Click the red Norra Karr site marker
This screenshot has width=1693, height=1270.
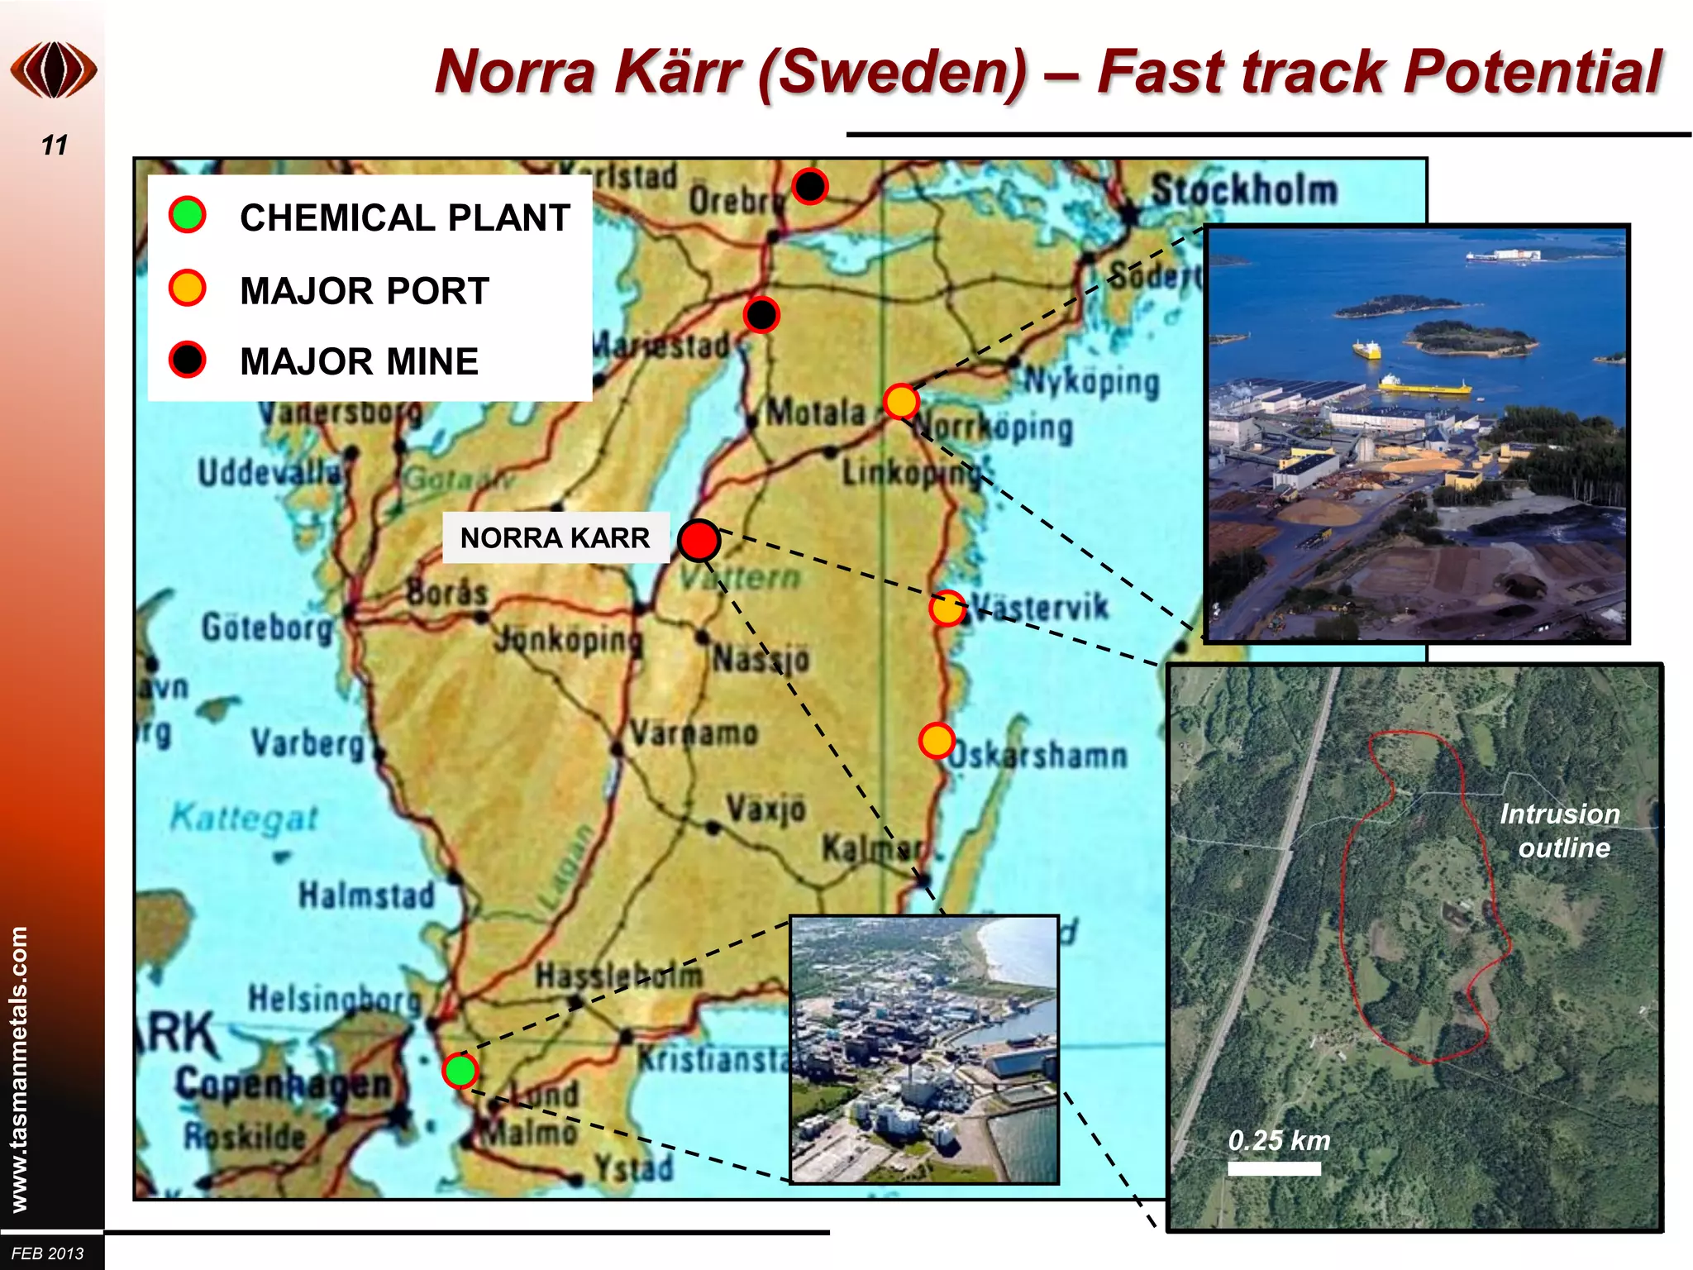pyautogui.click(x=699, y=540)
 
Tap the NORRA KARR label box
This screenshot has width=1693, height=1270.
pyautogui.click(x=555, y=538)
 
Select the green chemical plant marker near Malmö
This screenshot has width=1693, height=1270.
pyautogui.click(x=460, y=1070)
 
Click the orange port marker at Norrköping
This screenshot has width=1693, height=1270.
pyautogui.click(x=900, y=402)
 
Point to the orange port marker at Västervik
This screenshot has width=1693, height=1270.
pyautogui.click(x=947, y=609)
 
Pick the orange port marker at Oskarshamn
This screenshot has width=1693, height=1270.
pyautogui.click(x=937, y=740)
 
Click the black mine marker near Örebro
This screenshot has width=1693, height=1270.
pyautogui.click(x=809, y=186)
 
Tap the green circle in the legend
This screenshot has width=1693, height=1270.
pyautogui.click(x=188, y=215)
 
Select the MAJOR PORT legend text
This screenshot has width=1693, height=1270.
pyautogui.click(x=365, y=291)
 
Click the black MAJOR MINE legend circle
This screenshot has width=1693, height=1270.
pyautogui.click(x=188, y=360)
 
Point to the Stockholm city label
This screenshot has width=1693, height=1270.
pyautogui.click(x=1244, y=190)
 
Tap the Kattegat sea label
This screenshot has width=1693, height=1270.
pyautogui.click(x=244, y=819)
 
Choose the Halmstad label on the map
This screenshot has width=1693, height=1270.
pyautogui.click(x=366, y=895)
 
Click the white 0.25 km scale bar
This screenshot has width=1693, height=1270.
pyautogui.click(x=1274, y=1168)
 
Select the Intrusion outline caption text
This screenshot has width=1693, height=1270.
pyautogui.click(x=1561, y=831)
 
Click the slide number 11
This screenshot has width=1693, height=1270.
pyautogui.click(x=55, y=146)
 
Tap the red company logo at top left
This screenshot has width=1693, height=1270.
pyautogui.click(x=54, y=70)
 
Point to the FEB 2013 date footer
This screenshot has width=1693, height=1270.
pyautogui.click(x=48, y=1253)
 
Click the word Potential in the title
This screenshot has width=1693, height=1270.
pyautogui.click(x=1533, y=72)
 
